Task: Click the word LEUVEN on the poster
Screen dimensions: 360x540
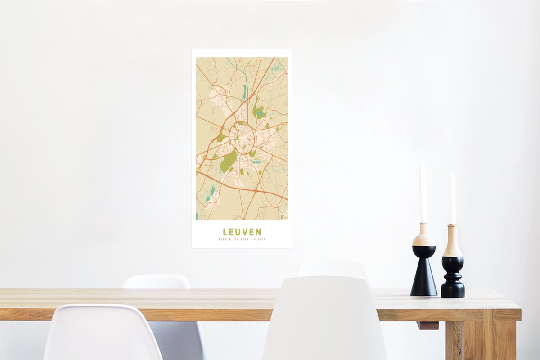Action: tap(242, 232)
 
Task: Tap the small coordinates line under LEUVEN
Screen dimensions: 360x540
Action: tap(242, 239)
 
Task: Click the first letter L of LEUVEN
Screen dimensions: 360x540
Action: tap(225, 232)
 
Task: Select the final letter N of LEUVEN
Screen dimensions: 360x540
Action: tap(258, 232)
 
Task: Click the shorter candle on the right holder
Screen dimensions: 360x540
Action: tap(453, 198)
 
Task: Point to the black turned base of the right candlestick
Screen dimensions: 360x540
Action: tap(452, 279)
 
